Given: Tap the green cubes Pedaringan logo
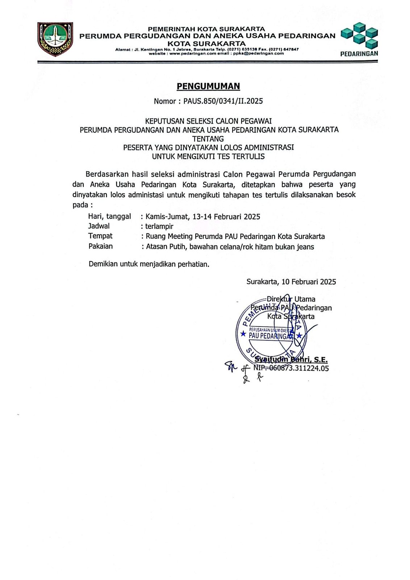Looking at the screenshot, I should (360, 35).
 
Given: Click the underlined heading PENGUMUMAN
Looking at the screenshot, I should (208, 86).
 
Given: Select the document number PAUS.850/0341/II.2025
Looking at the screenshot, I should (223, 101).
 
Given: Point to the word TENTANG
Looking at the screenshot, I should (208, 138).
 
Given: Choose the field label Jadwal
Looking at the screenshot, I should (99, 226).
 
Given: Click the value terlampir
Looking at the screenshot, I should (159, 227).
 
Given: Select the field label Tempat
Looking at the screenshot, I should (100, 236).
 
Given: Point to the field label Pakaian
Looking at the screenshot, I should (101, 246).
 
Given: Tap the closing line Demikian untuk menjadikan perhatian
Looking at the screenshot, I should (149, 264).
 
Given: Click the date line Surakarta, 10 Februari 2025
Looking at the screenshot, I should (291, 282).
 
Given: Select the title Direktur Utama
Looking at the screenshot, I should (291, 299).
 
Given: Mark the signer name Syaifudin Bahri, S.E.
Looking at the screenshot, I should (291, 360).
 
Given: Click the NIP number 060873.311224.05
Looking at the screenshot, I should (299, 368).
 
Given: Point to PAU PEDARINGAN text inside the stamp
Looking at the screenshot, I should (270, 336).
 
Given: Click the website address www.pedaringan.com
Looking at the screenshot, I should (188, 53).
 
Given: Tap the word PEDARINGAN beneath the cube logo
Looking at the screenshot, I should (359, 54).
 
